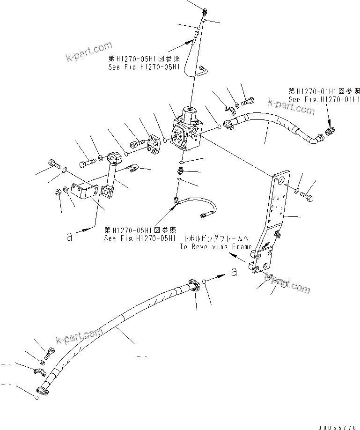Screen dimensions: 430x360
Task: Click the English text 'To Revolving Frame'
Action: (216, 246)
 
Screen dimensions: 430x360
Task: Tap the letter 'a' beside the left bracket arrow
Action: (70, 237)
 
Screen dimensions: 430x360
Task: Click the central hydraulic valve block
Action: (186, 135)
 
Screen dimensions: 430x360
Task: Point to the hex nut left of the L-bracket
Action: (54, 192)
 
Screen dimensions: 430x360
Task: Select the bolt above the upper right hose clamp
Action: (248, 101)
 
